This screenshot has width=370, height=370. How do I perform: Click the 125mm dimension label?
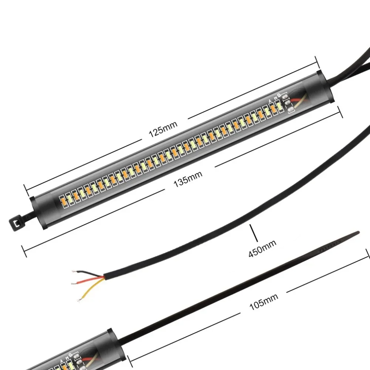(163, 129)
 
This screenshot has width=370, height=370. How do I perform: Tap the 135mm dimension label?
(188, 179)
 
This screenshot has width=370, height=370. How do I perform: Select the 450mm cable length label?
(262, 248)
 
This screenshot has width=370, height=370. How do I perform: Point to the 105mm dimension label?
(264, 302)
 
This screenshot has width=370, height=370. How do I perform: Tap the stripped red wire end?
(75, 283)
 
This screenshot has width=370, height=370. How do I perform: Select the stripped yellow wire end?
(80, 300)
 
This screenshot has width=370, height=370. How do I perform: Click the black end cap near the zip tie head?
(37, 212)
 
